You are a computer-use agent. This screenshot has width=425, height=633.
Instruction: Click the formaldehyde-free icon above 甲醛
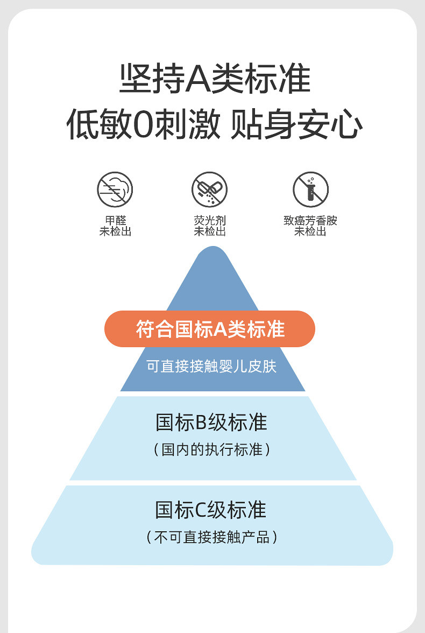point(115,189)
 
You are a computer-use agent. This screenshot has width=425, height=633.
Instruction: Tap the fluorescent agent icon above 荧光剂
point(209,189)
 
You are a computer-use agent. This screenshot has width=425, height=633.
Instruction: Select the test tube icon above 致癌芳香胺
point(310,189)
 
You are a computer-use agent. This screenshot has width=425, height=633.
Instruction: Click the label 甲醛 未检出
point(115,226)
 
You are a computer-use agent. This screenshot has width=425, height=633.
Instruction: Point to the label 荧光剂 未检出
point(209,226)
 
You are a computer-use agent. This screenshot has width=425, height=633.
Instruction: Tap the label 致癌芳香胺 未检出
point(310,226)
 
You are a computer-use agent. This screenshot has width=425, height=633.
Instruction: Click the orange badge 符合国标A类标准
point(209,329)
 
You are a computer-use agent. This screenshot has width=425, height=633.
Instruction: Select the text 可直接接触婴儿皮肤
point(211,367)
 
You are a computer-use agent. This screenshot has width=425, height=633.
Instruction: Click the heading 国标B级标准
point(211,423)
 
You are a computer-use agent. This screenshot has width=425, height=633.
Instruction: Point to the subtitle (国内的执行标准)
point(211,449)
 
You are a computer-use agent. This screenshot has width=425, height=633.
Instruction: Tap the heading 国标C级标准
point(211,510)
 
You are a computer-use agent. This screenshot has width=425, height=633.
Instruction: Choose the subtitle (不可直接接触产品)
point(211,537)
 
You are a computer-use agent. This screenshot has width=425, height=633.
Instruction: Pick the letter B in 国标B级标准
point(201,423)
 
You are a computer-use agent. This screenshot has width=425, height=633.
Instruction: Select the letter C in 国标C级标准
point(201,510)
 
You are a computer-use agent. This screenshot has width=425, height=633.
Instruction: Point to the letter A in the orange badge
point(220,329)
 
